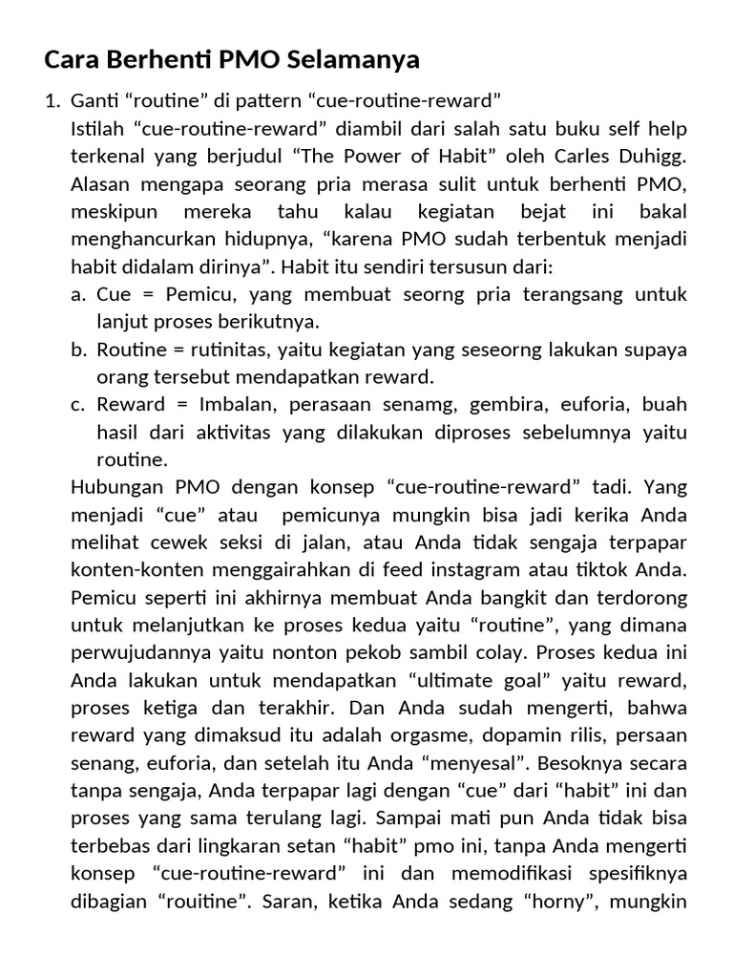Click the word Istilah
click(96, 128)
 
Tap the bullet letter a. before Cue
click(79, 293)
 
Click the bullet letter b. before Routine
click(79, 349)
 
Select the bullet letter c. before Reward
click(79, 404)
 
